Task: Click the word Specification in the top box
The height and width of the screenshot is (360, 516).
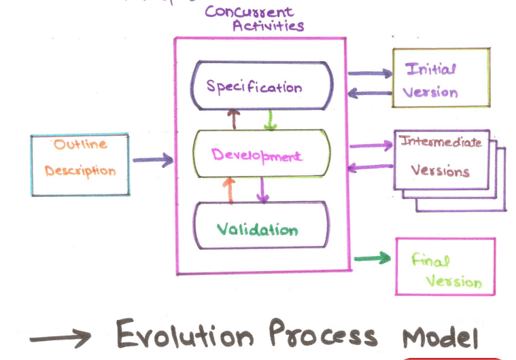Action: (254, 86)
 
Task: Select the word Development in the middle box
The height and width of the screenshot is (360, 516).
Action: (256, 156)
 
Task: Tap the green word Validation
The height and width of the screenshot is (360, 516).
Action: (257, 230)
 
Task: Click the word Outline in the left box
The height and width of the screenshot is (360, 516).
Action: (81, 145)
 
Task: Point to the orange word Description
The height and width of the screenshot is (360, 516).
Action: (80, 170)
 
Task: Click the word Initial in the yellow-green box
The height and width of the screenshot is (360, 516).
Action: (431, 69)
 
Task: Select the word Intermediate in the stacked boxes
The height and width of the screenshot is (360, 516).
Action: (441, 143)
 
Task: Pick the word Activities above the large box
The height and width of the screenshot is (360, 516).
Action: (268, 26)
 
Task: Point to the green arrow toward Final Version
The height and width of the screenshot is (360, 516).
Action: (373, 257)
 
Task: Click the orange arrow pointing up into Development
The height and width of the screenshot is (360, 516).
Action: (229, 190)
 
